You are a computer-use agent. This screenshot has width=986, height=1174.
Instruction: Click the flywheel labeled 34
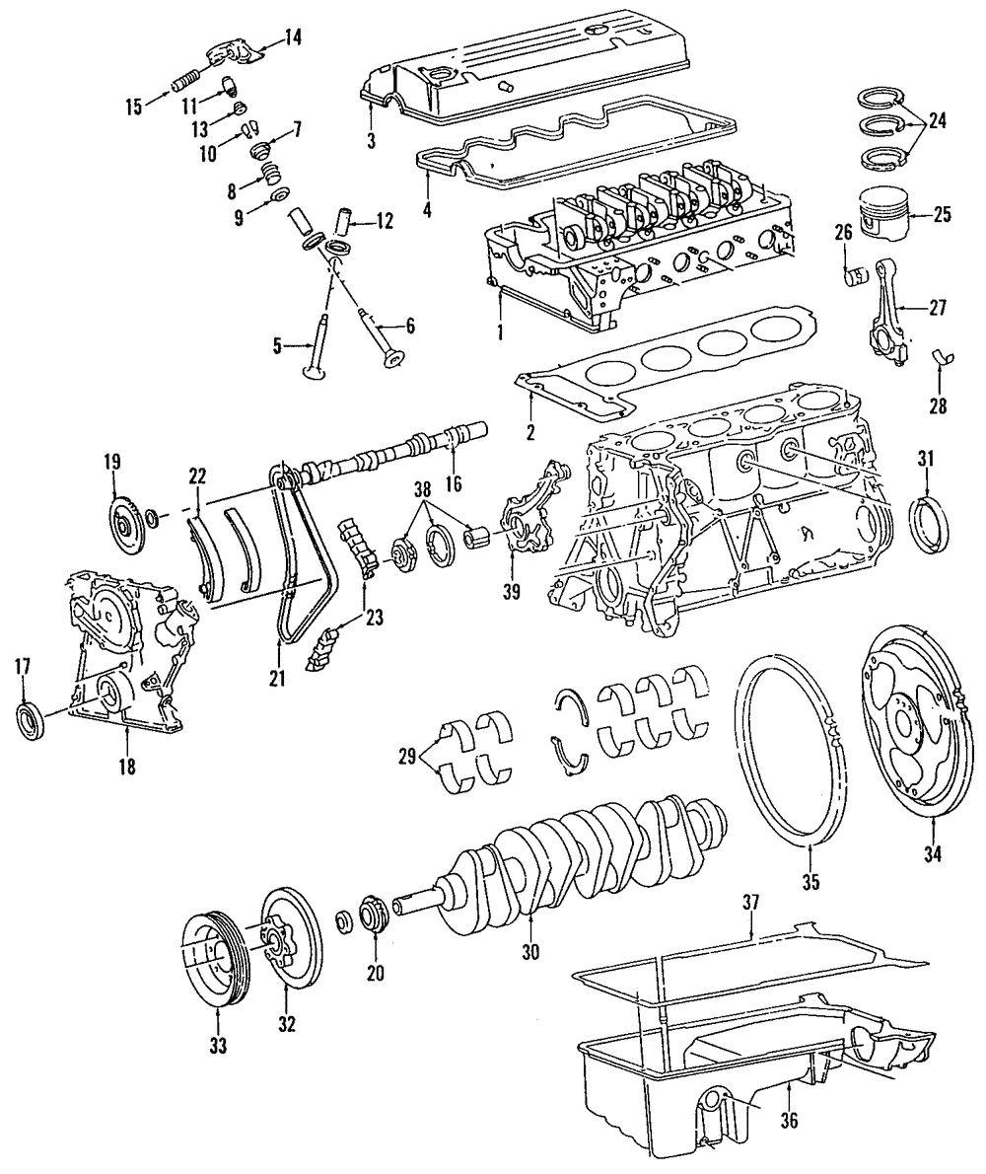913,731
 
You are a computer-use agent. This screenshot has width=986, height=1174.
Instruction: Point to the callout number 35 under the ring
810,883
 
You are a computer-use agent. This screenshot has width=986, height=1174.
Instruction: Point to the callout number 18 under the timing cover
127,766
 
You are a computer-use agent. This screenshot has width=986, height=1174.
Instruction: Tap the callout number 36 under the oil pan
790,1121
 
